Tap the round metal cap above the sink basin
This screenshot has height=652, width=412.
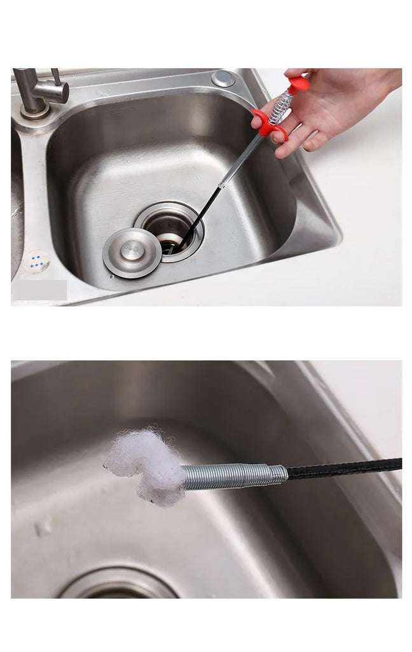pyautogui.click(x=223, y=78)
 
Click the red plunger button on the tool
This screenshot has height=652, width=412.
pyautogui.click(x=299, y=83)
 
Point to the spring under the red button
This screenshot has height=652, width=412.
pyautogui.click(x=281, y=105)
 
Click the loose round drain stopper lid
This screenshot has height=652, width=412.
pyautogui.click(x=132, y=252)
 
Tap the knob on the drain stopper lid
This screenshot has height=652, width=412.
pyautogui.click(x=132, y=250)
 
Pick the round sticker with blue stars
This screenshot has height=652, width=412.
pyautogui.click(x=38, y=261)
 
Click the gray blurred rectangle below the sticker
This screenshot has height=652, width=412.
pyautogui.click(x=39, y=290)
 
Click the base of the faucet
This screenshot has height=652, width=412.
pyautogui.click(x=35, y=111)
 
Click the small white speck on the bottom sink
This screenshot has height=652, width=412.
pyautogui.click(x=44, y=527)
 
